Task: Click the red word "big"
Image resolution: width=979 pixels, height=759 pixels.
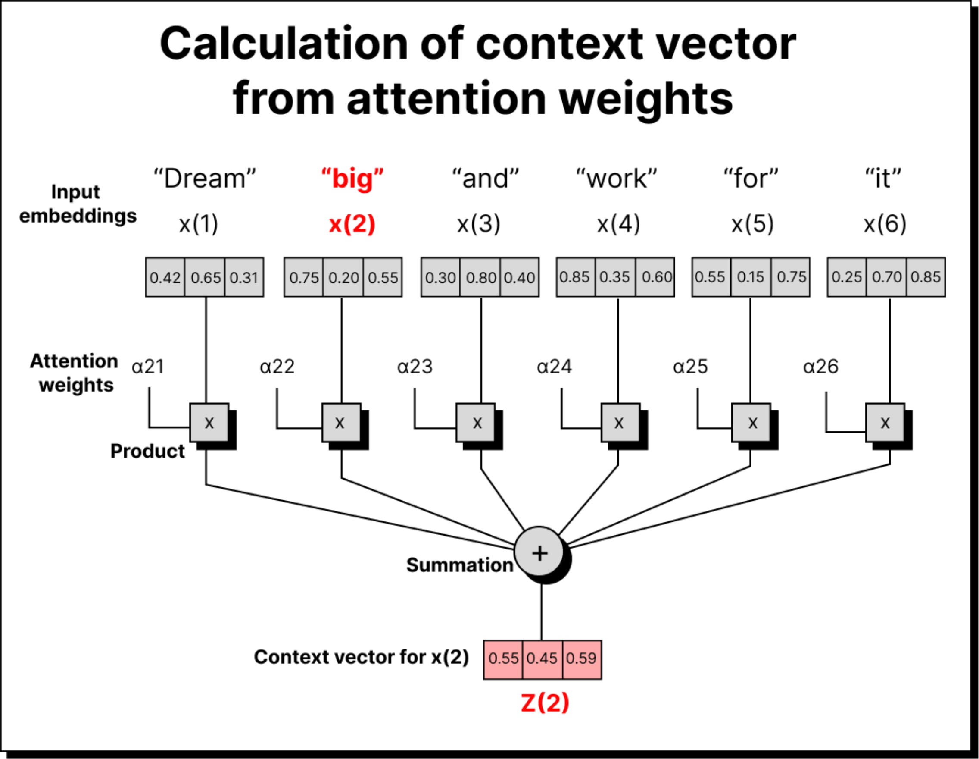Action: pos(352,179)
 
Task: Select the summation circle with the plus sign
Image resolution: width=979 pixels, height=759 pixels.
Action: pos(540,553)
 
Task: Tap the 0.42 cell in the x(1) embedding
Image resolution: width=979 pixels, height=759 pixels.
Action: pos(165,278)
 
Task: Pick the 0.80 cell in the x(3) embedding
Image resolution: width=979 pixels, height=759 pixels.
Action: pos(480,278)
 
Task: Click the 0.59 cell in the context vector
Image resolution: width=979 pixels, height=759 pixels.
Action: pos(581,659)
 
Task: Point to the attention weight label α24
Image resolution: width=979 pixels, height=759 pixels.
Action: pos(555,367)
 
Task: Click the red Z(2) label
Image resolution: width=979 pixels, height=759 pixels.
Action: pos(545,703)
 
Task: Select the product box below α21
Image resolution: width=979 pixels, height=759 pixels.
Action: pos(209,423)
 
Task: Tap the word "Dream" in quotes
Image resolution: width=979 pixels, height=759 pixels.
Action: pos(205,179)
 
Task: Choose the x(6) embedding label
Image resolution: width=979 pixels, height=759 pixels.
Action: pos(885,224)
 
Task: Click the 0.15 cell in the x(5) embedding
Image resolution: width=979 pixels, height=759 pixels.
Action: pos(751,278)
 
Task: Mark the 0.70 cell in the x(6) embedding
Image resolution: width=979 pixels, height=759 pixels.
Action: pos(886,278)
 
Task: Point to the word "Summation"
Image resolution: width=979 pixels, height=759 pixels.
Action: pos(459,565)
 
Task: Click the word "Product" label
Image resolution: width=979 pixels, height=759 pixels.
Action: pos(147,451)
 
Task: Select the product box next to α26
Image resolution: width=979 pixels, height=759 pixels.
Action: pos(885,423)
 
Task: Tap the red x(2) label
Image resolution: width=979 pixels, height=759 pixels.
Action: pos(352,224)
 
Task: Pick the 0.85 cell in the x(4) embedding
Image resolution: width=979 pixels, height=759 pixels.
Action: pos(575,278)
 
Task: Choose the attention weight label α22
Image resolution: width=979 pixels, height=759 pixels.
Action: pos(277,367)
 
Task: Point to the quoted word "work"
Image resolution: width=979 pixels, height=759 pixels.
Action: pos(617,179)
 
